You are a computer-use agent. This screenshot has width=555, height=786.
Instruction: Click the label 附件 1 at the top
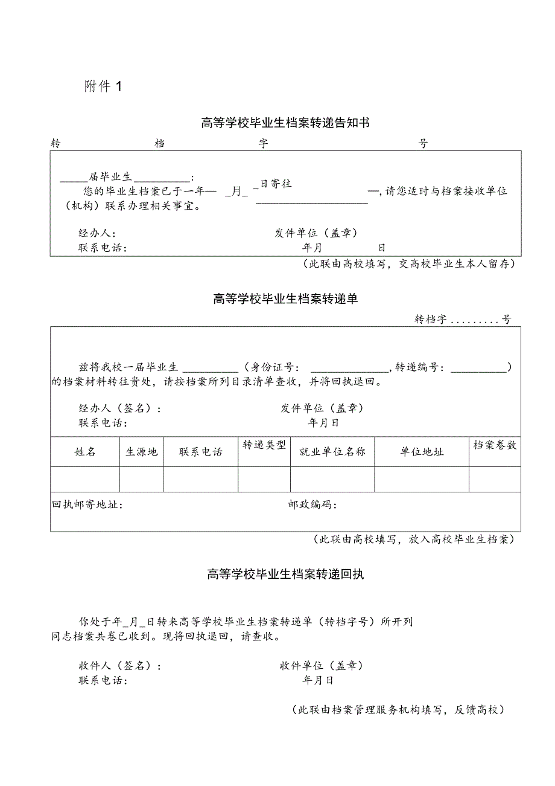[x=103, y=86]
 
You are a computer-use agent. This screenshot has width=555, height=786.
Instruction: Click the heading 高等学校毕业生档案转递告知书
[x=285, y=123]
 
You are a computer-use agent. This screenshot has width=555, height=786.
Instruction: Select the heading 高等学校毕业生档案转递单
[x=285, y=298]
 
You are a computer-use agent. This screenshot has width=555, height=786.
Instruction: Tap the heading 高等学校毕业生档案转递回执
[x=285, y=575]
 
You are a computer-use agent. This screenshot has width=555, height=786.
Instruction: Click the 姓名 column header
[x=85, y=452]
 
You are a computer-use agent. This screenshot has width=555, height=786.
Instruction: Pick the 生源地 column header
[x=141, y=452]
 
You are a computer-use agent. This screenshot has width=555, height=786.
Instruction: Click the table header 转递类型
[x=264, y=446]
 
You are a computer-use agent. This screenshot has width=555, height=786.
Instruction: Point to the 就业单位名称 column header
[x=332, y=452]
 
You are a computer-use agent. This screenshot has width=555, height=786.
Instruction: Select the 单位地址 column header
[x=422, y=452]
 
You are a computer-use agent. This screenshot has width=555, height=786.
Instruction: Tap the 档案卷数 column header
[x=495, y=445]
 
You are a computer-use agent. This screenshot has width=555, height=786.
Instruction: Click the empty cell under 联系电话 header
[x=200, y=479]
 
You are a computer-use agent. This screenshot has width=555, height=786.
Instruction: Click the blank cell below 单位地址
[x=422, y=479]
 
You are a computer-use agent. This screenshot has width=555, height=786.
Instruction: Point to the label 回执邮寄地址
[x=88, y=505]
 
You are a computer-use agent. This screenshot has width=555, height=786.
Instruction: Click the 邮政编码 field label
[x=312, y=505]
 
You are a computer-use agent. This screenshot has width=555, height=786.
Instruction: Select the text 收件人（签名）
[x=119, y=666]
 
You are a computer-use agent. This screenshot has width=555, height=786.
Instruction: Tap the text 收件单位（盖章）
[x=321, y=666]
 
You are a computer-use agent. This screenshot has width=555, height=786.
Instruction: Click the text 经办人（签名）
[x=119, y=408]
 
